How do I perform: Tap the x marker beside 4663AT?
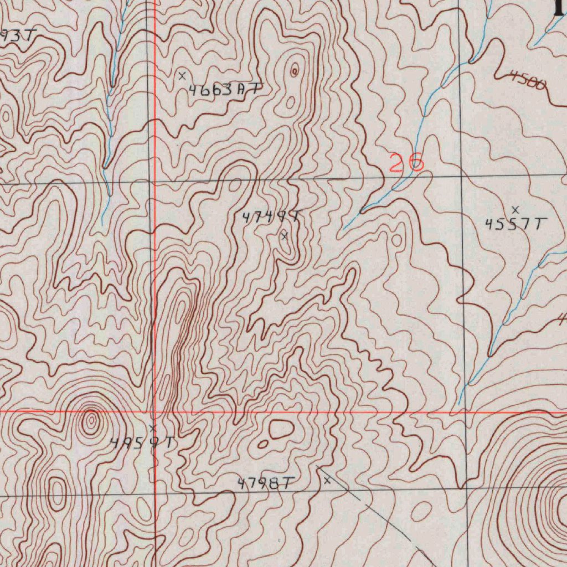point(182,75)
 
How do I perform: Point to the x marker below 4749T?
point(285,236)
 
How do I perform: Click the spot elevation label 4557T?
point(516,224)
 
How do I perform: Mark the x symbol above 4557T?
point(516,209)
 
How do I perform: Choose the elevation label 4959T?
point(143,443)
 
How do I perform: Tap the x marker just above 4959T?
point(153,428)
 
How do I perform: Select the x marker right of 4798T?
point(327,481)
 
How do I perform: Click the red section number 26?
point(406,163)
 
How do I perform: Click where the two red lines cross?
point(155,412)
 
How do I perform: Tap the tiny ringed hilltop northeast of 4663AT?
point(295,70)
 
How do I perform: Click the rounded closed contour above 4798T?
point(281,429)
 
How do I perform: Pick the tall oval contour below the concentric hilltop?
point(57,494)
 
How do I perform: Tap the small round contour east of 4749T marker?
point(397,240)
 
